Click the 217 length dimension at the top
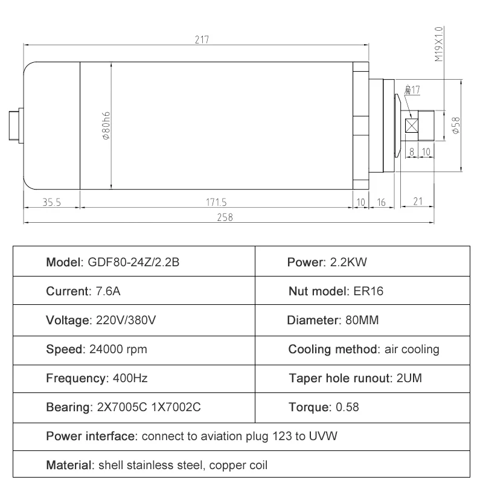202,40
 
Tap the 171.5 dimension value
216,203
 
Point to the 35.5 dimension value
52,203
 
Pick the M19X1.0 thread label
439,44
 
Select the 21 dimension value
417,203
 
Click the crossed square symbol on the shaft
413,126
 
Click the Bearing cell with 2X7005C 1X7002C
123,408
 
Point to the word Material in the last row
69,465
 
